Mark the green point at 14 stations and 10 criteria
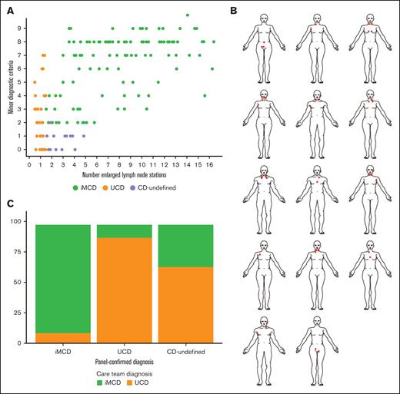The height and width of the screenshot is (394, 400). pyautogui.click(x=188, y=15)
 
